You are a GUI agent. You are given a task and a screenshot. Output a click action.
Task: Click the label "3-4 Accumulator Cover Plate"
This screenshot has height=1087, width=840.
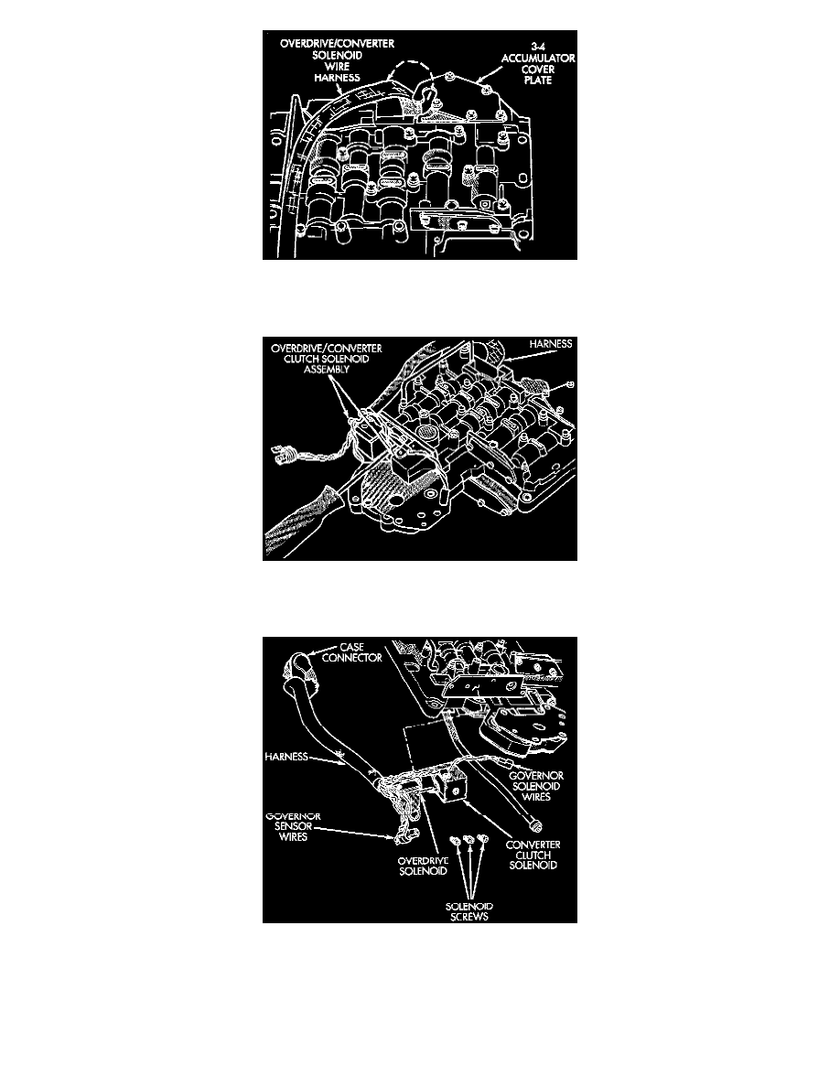pos(538,64)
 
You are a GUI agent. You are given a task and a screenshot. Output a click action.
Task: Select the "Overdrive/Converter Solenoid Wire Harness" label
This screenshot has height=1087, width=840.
pos(337,60)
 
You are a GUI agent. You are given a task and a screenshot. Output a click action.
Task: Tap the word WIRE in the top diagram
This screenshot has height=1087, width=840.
pos(338,67)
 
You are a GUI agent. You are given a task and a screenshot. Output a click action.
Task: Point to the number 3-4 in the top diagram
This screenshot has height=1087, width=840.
pos(538,48)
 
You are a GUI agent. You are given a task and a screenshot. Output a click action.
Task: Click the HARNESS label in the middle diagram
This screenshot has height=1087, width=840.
pos(550,344)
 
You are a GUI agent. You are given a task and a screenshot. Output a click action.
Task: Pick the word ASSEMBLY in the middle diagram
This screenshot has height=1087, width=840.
pos(327,370)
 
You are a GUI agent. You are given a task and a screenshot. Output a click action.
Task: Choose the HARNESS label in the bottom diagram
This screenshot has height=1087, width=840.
pos(286,757)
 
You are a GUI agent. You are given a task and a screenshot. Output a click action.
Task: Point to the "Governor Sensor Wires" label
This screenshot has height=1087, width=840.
pos(293,826)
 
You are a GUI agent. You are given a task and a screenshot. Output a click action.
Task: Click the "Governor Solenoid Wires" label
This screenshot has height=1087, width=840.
pos(535,786)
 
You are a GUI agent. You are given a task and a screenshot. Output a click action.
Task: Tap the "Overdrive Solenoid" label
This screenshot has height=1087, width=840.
pos(423,866)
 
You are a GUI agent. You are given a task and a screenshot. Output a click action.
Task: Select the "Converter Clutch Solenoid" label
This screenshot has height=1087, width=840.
pos(533,855)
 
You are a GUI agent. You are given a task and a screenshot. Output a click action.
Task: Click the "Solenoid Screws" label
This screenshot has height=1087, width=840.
pos(469,911)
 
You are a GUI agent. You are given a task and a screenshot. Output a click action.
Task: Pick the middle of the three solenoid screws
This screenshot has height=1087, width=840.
pos(468,841)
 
